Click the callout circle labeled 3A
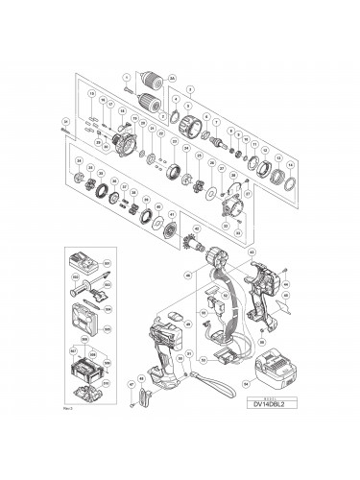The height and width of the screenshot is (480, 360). (x=172, y=77)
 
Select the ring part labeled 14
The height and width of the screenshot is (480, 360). (x=285, y=177)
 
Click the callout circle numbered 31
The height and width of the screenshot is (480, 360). (x=64, y=122)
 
